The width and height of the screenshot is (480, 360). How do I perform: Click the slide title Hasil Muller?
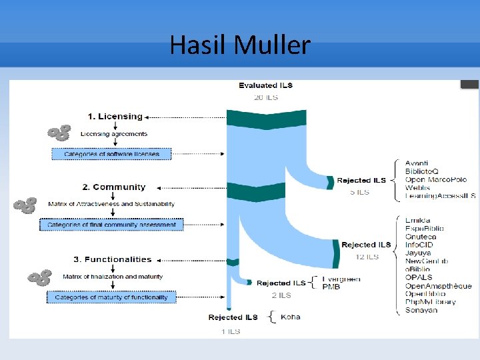tap(240, 45)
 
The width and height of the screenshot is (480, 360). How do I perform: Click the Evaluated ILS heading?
tap(265, 85)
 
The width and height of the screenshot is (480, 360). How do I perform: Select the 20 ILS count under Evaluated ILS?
tap(265, 97)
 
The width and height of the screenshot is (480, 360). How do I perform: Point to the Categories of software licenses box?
tap(111, 154)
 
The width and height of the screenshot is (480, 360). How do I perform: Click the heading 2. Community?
tap(113, 187)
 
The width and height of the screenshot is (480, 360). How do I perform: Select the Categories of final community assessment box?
tap(111, 225)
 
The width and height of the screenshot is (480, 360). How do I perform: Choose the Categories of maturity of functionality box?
tap(111, 297)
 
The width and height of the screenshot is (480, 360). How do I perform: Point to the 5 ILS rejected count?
tap(359, 192)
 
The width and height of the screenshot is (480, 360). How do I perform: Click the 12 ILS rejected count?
tap(367, 257)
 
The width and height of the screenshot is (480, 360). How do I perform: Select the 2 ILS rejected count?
tap(281, 295)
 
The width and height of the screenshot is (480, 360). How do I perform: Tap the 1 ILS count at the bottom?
tap(231, 331)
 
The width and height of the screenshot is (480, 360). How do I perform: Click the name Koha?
tap(291, 317)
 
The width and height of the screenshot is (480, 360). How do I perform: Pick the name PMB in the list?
tap(331, 287)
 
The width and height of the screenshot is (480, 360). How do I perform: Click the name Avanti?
tap(417, 163)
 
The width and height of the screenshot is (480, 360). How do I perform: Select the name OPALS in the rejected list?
tap(419, 277)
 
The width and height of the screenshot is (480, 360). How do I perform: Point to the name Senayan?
tap(421, 310)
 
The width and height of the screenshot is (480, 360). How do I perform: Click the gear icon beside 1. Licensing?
tap(59, 133)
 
